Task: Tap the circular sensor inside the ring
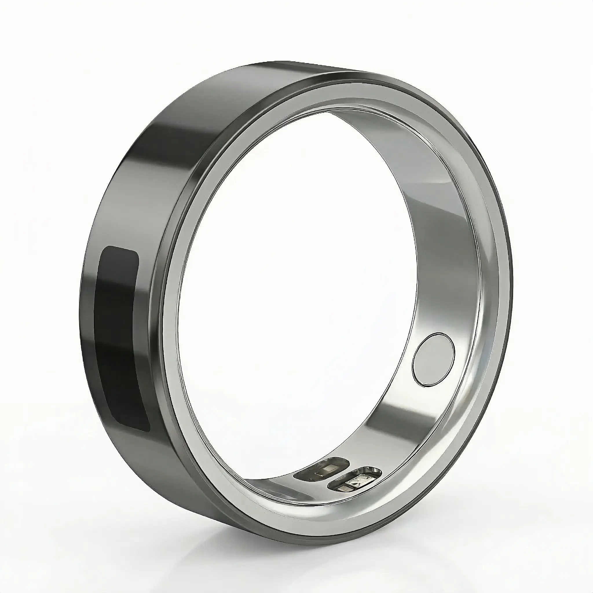pos(433,359)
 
